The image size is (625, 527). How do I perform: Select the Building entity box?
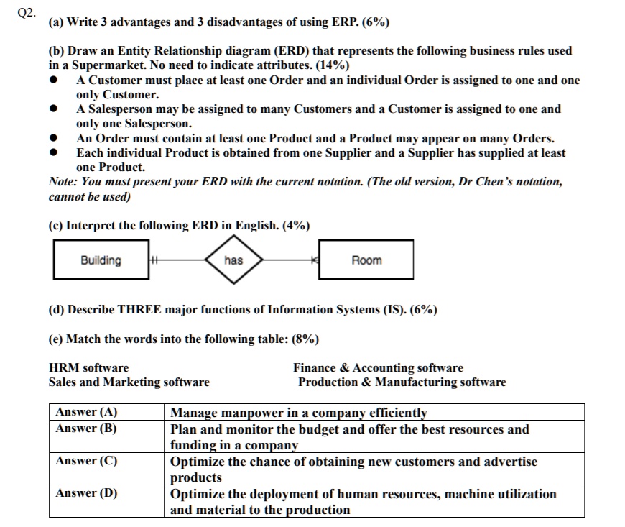tap(101, 260)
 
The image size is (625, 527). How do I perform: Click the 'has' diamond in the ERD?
tap(233, 260)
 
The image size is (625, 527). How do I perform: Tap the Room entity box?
tap(366, 260)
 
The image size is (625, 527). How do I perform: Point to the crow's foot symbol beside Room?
tap(314, 260)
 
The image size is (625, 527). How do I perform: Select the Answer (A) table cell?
tap(87, 412)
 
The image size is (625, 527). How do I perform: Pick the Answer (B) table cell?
tap(87, 429)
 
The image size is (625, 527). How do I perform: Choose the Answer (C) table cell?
tap(87, 461)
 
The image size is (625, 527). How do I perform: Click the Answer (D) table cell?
tap(87, 493)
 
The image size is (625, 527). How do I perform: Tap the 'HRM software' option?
tap(88, 367)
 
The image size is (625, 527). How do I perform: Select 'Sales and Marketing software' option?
tap(129, 382)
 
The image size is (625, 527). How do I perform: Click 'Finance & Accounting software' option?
tap(378, 367)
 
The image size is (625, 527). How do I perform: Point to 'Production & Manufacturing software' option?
tap(402, 382)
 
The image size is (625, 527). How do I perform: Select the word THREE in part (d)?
tap(135, 310)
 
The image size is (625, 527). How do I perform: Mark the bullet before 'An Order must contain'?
tap(54, 139)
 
